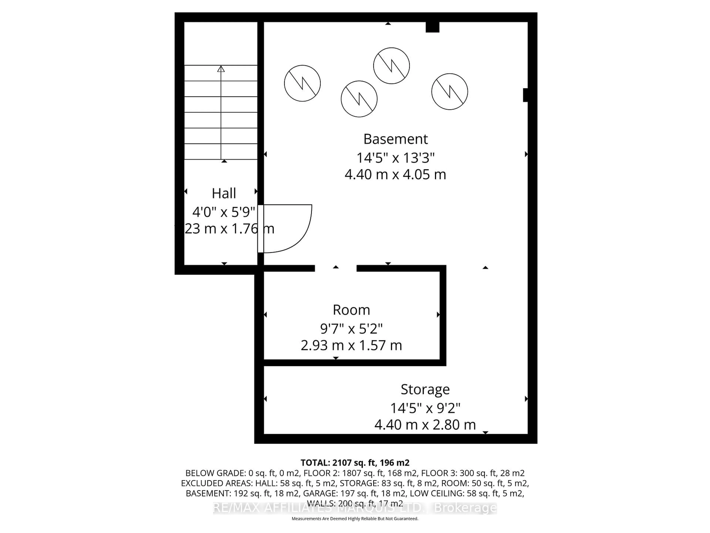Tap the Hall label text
point(224,193)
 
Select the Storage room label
point(425,389)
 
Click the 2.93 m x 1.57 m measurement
point(351,345)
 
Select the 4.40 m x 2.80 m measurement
point(425,425)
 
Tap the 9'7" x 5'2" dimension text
point(351,329)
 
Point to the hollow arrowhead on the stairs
point(221,69)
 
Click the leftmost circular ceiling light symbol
point(302,83)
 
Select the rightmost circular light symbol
point(449,92)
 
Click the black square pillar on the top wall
point(432,27)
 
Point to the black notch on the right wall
point(525,95)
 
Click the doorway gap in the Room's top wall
point(335,268)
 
